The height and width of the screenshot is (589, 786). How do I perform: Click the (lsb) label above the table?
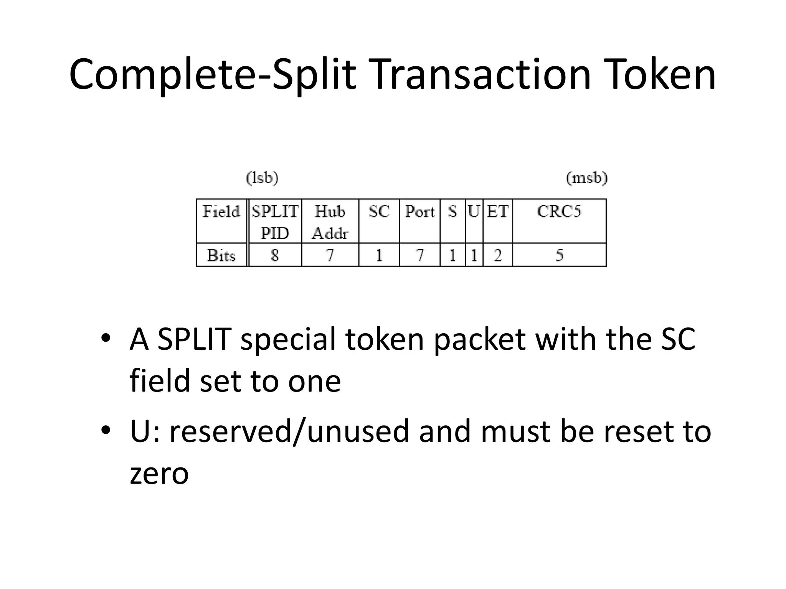click(262, 178)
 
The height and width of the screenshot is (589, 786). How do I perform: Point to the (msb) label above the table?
click(586, 178)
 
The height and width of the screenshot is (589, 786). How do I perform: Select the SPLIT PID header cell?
click(275, 222)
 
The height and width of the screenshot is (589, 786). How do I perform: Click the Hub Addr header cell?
click(330, 222)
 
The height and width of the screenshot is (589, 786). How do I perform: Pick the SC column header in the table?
click(379, 212)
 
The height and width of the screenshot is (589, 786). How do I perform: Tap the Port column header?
click(420, 212)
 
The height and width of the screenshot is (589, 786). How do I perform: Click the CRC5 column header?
click(559, 212)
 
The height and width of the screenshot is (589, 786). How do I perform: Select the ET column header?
click(497, 212)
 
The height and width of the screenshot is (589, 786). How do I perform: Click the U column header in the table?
click(474, 212)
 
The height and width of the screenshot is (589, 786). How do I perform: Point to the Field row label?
click(221, 212)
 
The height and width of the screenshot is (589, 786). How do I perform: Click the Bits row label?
click(221, 255)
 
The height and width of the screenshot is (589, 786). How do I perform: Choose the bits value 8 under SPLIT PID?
click(275, 255)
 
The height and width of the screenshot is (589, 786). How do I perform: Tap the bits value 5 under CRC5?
click(559, 255)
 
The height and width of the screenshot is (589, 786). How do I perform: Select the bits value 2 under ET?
click(497, 255)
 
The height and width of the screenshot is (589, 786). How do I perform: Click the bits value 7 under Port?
click(420, 255)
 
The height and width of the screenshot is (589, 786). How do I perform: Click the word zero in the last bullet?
click(159, 474)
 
